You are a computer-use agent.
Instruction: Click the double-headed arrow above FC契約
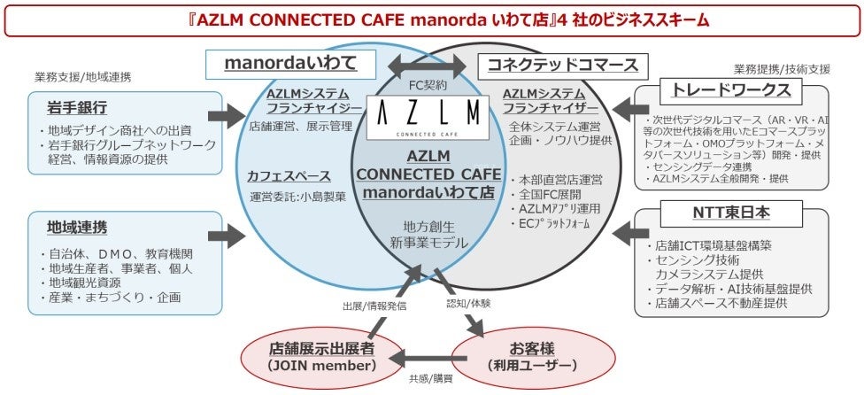[429, 65]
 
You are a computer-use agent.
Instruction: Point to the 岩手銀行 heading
[77, 108]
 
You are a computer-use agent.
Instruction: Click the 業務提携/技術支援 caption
[782, 69]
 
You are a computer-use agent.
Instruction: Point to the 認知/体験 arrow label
[467, 303]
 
